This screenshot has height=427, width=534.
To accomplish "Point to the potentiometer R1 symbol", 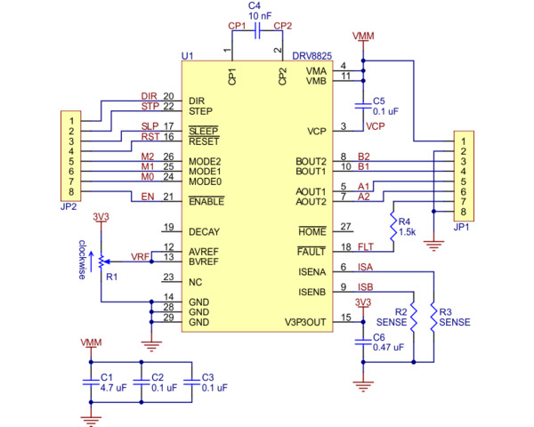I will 101,261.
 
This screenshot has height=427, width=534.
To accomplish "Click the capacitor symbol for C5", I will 363,106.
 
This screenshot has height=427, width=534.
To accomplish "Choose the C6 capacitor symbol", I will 363,342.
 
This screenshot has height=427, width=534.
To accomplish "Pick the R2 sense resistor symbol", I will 414,318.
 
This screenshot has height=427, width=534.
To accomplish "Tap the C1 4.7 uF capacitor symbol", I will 89,380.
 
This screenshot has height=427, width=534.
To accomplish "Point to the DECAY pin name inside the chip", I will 204,231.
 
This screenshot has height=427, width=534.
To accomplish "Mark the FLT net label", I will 365,246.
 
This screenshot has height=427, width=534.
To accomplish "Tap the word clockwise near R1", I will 81,260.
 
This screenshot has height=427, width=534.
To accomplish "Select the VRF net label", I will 141,256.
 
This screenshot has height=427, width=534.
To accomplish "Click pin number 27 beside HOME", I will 345,226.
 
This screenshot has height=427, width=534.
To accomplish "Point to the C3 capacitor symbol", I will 190,380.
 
